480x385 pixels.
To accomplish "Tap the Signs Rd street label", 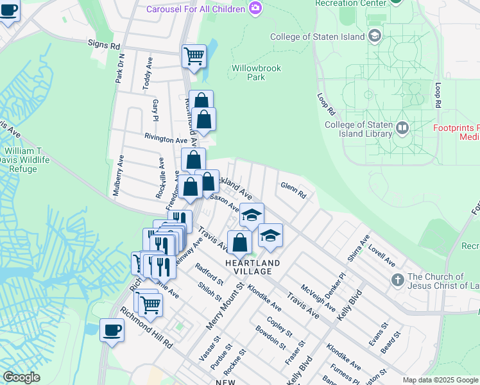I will pyautogui.click(x=104, y=46).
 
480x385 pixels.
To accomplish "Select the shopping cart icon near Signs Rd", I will pyautogui.click(x=194, y=56).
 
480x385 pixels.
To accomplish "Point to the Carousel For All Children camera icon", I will pyautogui.click(x=255, y=8).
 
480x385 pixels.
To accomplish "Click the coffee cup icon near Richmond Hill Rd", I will pyautogui.click(x=112, y=330).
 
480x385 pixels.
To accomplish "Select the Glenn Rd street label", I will pyautogui.click(x=293, y=190).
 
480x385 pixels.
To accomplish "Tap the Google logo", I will pyautogui.click(x=21, y=377).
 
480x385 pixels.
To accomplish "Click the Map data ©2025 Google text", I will pyautogui.click(x=440, y=380).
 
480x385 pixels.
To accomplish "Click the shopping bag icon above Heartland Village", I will pyautogui.click(x=239, y=243).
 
